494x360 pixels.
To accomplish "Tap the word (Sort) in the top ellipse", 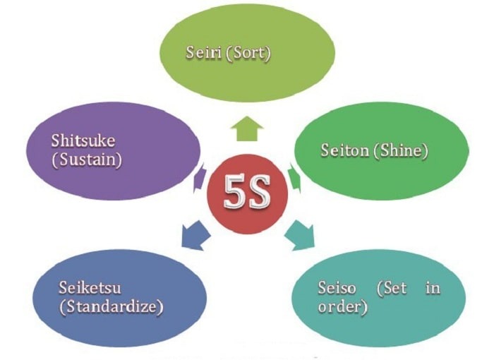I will tap(253, 53).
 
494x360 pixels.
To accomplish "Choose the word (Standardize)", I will tap(110, 308).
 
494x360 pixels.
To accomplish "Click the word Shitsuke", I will tap(84, 140).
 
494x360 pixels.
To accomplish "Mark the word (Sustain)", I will tap(87, 160).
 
